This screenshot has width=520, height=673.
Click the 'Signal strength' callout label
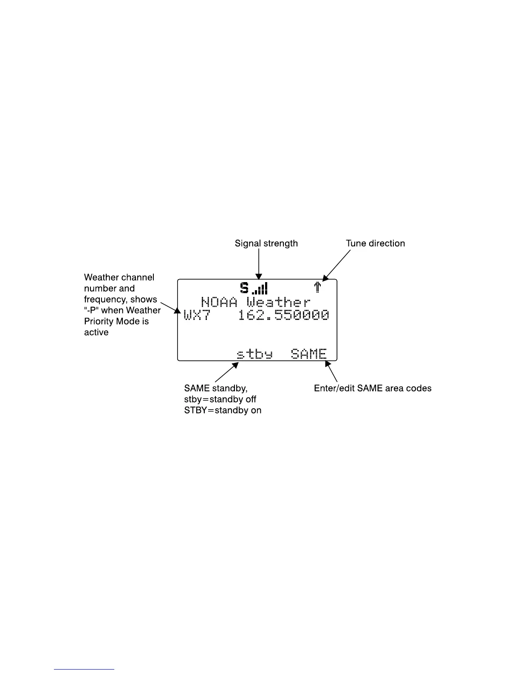click(266, 243)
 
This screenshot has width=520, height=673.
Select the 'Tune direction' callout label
click(375, 243)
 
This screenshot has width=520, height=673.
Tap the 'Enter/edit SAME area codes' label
click(373, 388)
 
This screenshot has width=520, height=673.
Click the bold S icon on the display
click(244, 288)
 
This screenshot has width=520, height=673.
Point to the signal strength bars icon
click(260, 288)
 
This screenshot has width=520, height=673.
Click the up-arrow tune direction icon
click(317, 288)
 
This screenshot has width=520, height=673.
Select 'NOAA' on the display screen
click(219, 303)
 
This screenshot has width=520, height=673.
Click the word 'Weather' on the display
click(279, 303)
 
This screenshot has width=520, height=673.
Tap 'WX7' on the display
click(197, 315)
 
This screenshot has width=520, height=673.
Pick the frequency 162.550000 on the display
click(283, 315)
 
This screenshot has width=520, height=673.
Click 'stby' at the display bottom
click(254, 354)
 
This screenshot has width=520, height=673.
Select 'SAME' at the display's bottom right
click(309, 354)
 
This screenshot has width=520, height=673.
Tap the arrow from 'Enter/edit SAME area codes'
click(331, 372)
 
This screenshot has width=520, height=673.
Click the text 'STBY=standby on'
click(223, 410)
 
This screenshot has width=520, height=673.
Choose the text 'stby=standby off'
click(220, 399)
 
